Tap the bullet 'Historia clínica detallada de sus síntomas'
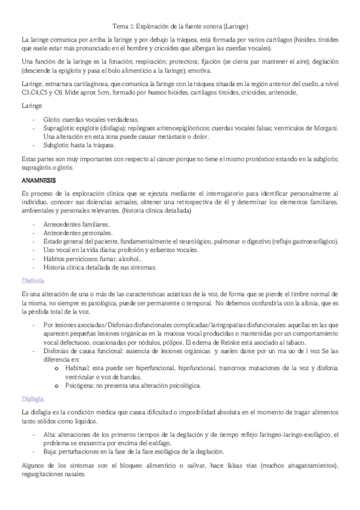[100, 266]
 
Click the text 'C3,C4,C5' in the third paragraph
[33, 93]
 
